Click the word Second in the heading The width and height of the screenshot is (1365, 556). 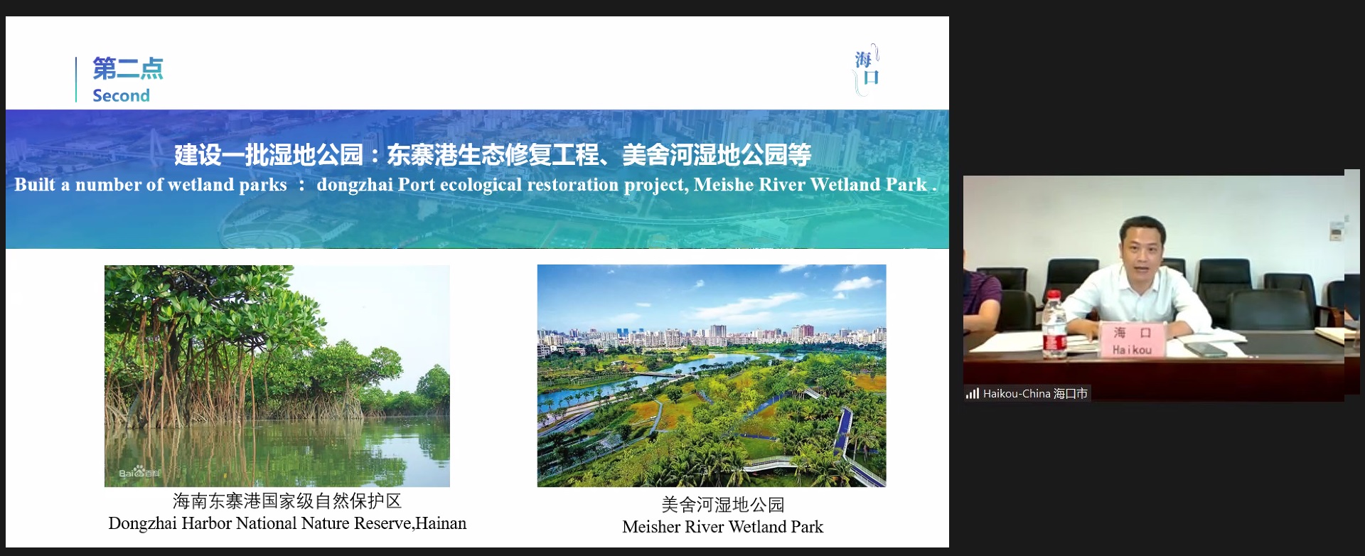121,95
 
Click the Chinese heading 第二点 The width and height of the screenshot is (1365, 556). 128,68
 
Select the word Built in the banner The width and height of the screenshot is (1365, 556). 35,184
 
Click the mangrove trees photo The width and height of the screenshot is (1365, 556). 277,375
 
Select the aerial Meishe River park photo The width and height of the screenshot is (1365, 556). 712,375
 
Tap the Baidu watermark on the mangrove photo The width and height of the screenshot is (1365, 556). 139,473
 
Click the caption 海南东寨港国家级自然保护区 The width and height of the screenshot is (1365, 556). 287,501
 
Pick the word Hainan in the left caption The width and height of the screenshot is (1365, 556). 441,523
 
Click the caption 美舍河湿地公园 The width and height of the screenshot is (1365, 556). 723,504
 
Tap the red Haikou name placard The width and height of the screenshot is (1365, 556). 1133,340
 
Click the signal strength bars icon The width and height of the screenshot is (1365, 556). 973,393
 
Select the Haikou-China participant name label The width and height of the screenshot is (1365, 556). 1035,393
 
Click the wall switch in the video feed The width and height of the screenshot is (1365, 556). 1336,230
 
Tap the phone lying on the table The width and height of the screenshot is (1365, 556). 1206,349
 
